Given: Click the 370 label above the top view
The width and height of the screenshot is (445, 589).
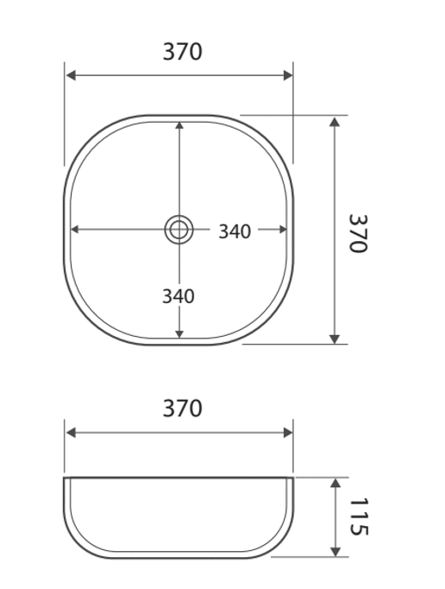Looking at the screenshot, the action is click(x=182, y=52).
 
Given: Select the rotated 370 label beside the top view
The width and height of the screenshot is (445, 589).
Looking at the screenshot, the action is click(x=358, y=234).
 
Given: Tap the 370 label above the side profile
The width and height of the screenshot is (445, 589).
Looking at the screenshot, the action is click(x=182, y=408).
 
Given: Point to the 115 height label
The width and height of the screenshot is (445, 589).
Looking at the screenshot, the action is click(x=359, y=516).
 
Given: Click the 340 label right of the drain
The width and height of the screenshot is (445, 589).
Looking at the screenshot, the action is click(x=235, y=231).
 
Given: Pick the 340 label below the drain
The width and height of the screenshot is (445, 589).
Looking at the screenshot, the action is click(x=179, y=296).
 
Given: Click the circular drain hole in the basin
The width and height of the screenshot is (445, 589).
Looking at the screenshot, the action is click(x=179, y=229).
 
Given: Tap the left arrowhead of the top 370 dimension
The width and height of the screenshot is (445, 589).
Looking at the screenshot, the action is click(x=71, y=75).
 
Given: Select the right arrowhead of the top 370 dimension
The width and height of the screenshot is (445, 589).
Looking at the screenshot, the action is click(x=288, y=75).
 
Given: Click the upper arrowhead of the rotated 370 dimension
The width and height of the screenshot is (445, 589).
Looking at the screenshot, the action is click(x=335, y=121).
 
